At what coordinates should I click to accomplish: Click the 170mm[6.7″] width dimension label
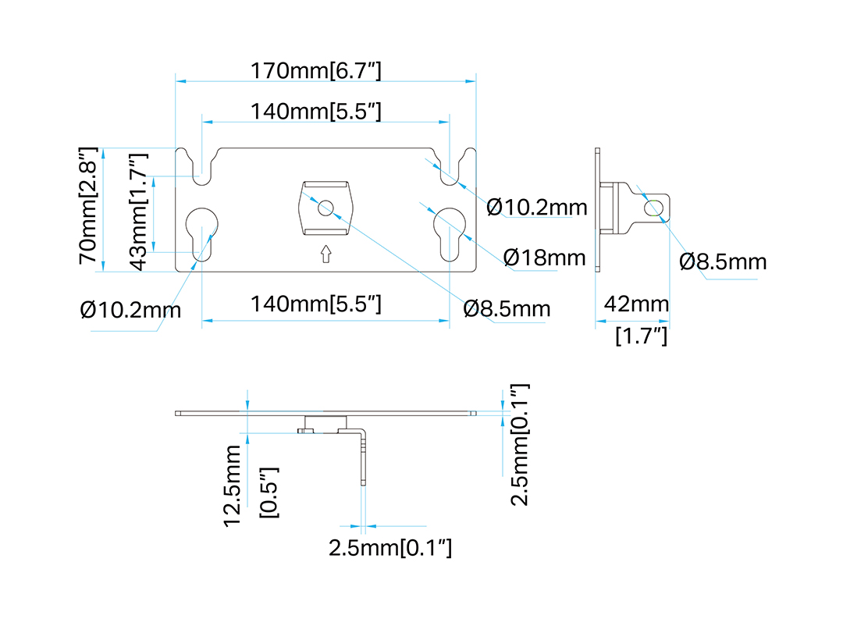(315, 70)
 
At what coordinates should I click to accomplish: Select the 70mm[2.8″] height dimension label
(88, 205)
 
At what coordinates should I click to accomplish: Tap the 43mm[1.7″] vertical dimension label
(138, 212)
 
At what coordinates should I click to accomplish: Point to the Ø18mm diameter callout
(545, 258)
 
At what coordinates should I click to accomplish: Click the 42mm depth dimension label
(637, 304)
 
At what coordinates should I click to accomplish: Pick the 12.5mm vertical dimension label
(233, 485)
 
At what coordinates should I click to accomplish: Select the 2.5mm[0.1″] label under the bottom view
(390, 548)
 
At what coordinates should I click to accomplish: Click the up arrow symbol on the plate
(325, 254)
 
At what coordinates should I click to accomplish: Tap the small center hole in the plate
(325, 208)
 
